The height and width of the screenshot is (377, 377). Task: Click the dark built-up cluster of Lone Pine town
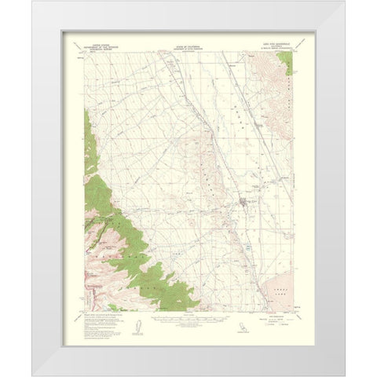[x=246, y=206]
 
